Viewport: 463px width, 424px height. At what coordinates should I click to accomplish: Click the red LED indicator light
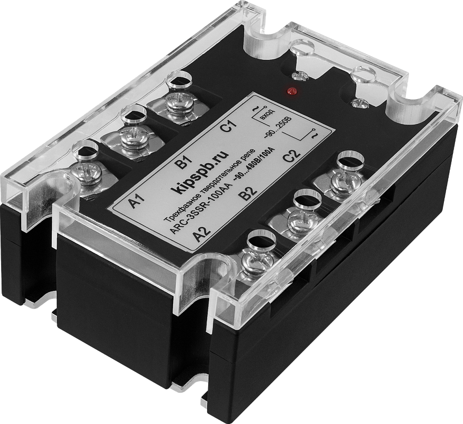(291, 91)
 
